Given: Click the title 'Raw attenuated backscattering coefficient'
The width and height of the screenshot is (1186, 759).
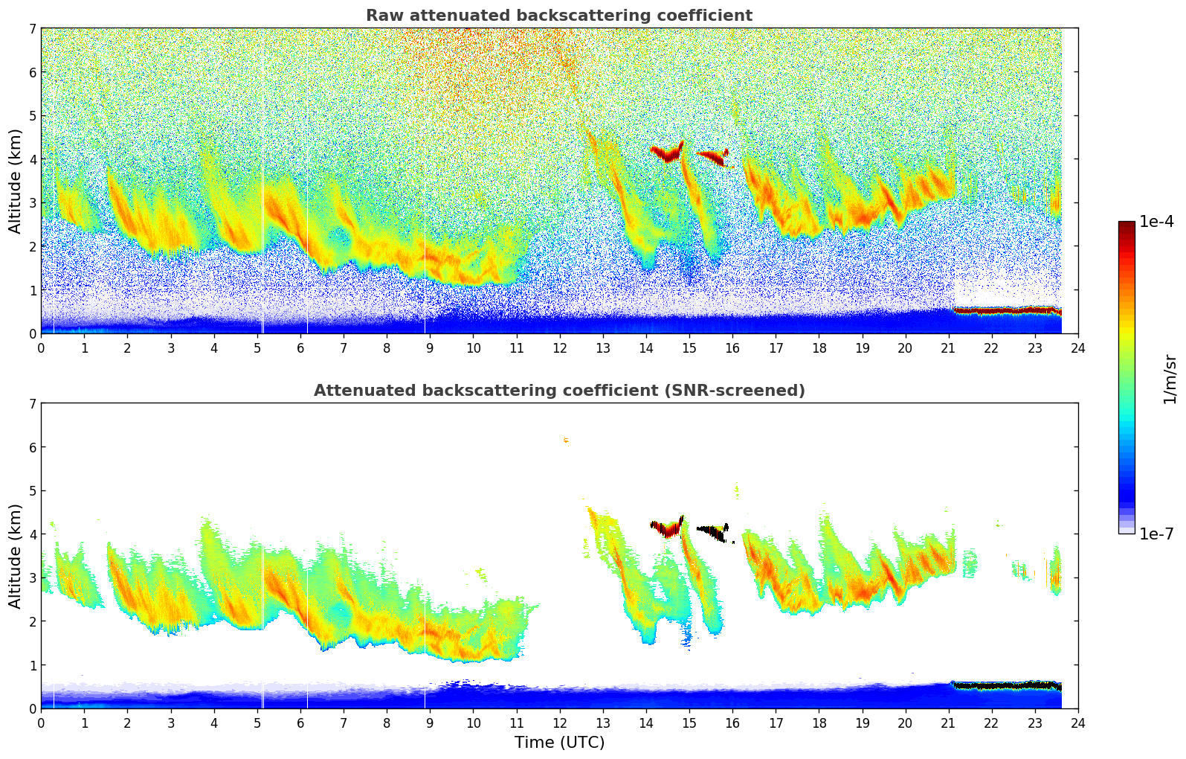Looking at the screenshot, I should point(559,16).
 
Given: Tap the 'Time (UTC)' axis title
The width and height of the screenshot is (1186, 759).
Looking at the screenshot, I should point(559,743).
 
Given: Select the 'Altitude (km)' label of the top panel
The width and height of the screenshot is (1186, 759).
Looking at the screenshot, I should point(16,181).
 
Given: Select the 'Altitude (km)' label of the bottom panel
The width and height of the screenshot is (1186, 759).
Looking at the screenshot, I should point(16,556).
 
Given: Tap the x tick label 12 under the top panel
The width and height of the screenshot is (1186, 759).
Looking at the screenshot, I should point(559,348).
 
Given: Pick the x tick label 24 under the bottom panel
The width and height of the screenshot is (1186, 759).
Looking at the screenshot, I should point(1077,723).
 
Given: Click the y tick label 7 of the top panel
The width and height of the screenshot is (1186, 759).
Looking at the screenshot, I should point(32,29).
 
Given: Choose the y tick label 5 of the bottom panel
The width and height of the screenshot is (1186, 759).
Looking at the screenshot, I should point(32,491).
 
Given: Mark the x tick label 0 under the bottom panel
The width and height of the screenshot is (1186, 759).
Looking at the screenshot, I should point(41,723).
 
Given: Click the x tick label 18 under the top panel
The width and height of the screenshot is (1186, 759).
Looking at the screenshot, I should point(819,348).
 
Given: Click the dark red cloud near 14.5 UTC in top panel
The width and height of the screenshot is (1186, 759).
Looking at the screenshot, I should point(668,154).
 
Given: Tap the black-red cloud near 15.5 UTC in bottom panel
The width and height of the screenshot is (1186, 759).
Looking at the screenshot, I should point(712,531).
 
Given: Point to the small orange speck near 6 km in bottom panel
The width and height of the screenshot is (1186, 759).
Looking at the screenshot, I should point(566,441).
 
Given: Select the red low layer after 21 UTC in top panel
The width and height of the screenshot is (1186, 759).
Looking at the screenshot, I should point(1008,310).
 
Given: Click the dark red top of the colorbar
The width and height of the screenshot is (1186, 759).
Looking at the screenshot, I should point(1127,226).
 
